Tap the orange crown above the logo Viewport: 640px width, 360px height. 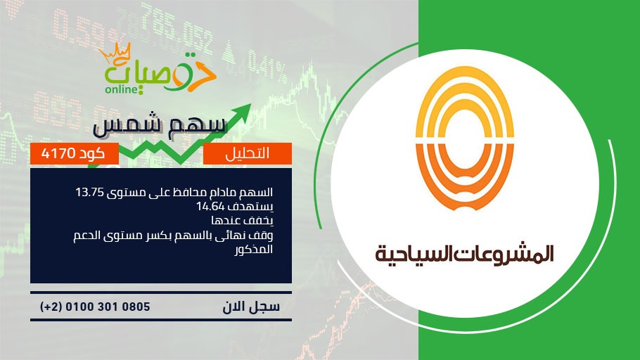(114, 53)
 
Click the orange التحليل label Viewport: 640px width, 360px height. (248, 153)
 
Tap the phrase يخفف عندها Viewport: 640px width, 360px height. (242, 221)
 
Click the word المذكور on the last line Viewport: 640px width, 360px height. (253, 249)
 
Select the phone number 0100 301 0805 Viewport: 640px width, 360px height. (108, 307)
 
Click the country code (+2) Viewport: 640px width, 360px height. (51, 307)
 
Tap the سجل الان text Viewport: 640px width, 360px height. (251, 307)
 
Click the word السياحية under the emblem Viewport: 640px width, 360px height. (413, 253)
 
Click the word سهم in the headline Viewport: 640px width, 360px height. (203, 125)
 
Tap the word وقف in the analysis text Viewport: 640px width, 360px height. (264, 236)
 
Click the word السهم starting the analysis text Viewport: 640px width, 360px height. (260, 192)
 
